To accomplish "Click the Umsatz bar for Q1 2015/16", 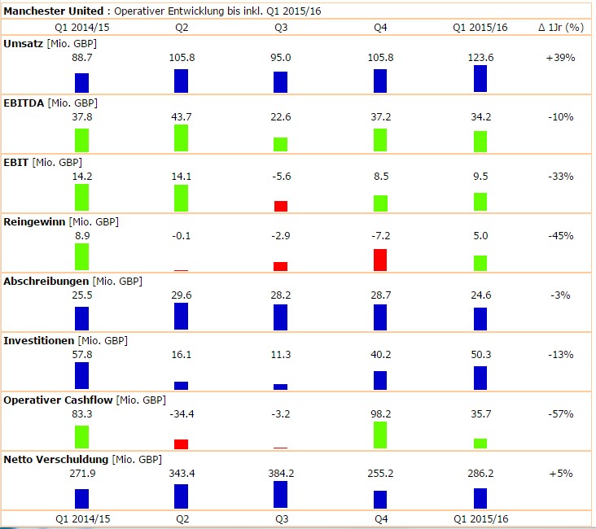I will [x=480, y=79].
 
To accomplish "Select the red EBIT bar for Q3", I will [x=281, y=206].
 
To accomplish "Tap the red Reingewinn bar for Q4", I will [x=380, y=260].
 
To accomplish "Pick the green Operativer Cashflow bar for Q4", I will [x=380, y=435].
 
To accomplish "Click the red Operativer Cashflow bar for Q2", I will [x=181, y=444].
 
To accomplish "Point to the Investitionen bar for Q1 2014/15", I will [x=81, y=376].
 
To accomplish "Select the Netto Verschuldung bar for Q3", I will [x=281, y=495].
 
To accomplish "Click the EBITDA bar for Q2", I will [x=181, y=138].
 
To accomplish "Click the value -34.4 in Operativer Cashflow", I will [x=181, y=414].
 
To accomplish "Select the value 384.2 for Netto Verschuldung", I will [x=281, y=474].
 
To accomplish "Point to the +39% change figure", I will [x=560, y=58].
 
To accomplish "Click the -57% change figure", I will [x=560, y=414].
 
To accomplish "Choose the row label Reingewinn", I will [x=35, y=221].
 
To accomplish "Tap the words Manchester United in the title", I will [x=54, y=11].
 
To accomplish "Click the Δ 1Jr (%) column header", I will [x=561, y=27].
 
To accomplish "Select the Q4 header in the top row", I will [x=380, y=27].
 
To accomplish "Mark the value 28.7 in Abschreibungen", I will [x=380, y=295].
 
